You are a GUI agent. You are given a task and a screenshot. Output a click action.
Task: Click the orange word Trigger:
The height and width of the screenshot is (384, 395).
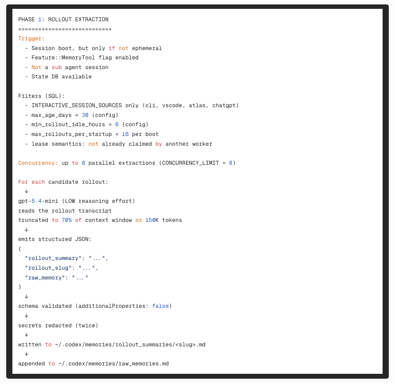coord(31,39)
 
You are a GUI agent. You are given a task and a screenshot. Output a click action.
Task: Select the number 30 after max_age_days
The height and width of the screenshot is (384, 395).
coord(85,115)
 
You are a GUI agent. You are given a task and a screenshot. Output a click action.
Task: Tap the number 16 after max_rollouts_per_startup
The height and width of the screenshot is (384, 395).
coord(125,134)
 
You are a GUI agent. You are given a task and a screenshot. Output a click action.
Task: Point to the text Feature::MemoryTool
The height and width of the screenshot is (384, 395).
coord(63,58)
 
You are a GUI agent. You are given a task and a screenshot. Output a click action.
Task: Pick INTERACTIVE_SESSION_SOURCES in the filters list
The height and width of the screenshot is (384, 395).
coord(77,105)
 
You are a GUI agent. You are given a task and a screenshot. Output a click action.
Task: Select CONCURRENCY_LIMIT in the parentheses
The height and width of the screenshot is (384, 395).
coord(190,163)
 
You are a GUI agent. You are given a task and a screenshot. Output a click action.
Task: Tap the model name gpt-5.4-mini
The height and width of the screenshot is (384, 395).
coord(38,201)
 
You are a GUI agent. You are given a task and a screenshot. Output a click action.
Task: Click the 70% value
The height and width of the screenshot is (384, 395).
coord(67,220)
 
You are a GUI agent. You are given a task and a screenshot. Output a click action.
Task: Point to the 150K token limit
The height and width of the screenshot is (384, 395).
coord(152,220)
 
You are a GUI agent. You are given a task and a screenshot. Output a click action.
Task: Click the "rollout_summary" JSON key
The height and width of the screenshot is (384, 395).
coord(53,258)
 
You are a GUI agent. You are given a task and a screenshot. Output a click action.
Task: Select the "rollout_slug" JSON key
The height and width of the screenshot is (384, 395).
coord(48,268)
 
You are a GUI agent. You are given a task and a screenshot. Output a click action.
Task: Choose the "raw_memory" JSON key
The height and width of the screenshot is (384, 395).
coord(45,278)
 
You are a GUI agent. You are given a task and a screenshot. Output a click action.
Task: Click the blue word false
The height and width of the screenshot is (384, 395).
coord(160,306)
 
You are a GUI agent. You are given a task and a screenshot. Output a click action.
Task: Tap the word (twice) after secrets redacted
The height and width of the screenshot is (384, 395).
coord(87,326)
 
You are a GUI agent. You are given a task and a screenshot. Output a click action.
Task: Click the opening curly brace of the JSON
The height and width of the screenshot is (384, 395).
coord(19,249)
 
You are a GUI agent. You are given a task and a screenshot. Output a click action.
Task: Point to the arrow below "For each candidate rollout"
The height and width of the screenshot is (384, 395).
coord(27,191)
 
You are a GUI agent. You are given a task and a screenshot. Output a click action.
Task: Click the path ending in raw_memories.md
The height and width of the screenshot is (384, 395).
coord(113,364)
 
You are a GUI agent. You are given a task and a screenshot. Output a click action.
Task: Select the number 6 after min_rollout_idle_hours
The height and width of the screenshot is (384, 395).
coord(117,124)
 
